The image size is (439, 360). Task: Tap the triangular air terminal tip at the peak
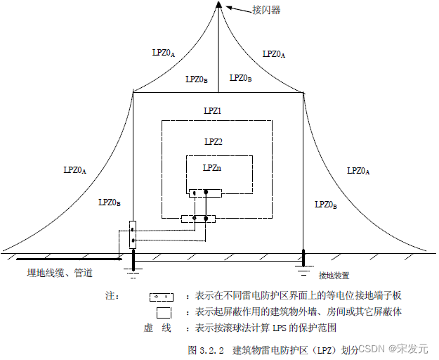pyautogui.click(x=219, y=6)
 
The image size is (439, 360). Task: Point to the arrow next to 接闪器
pyautogui.click(x=237, y=9)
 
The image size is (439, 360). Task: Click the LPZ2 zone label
pyautogui.click(x=213, y=141)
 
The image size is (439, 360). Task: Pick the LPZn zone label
pyautogui.click(x=212, y=167)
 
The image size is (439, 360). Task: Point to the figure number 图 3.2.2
pyautogui.click(x=205, y=349)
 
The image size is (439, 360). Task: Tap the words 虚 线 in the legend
pyautogui.click(x=158, y=328)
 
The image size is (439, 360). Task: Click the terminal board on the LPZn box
pyautogui.click(x=205, y=192)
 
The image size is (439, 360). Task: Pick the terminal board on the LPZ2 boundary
pyautogui.click(x=197, y=219)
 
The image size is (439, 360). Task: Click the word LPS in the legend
pyautogui.click(x=291, y=328)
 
